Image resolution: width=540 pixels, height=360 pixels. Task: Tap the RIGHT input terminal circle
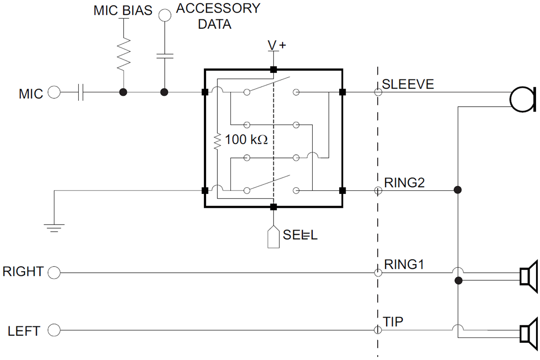(x=54, y=272)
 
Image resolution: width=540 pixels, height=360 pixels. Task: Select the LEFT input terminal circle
(x=54, y=331)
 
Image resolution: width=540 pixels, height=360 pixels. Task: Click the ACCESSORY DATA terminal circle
(x=165, y=15)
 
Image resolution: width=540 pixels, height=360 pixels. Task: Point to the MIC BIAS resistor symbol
(x=123, y=53)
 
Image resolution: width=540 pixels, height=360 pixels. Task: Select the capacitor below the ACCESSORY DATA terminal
(x=165, y=56)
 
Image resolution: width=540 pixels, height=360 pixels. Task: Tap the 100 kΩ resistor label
(x=246, y=140)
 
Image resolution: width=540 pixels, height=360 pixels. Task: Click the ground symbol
(x=54, y=225)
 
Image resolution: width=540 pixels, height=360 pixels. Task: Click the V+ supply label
(x=277, y=45)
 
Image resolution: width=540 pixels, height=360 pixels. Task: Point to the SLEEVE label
(x=408, y=84)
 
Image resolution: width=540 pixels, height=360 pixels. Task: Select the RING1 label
(x=404, y=263)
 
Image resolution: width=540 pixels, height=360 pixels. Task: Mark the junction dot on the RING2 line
(x=458, y=190)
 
